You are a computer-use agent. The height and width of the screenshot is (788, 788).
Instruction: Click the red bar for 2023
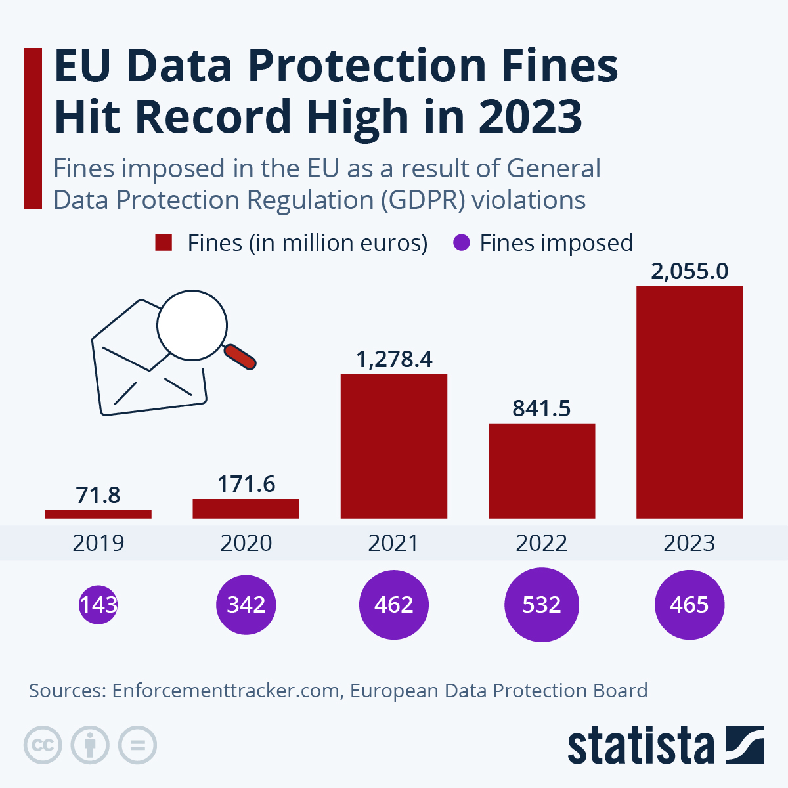(689, 402)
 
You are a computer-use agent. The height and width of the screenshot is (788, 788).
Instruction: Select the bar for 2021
(394, 446)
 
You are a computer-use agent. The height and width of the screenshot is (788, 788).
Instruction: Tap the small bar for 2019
(98, 514)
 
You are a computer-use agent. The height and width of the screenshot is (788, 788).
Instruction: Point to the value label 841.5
(542, 408)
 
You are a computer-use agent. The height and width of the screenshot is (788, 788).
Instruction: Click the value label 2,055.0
(689, 271)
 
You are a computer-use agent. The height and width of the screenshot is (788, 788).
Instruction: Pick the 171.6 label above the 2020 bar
(246, 484)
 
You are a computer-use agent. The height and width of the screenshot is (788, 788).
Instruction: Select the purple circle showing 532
(542, 604)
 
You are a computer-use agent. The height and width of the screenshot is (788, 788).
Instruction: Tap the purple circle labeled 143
(98, 604)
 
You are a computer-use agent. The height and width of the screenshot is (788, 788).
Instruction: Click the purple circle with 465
(689, 604)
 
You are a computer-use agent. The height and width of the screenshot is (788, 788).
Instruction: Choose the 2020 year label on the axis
(246, 543)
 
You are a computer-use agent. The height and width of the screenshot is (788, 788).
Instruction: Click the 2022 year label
(542, 543)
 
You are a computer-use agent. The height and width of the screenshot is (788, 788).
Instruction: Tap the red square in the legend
(164, 242)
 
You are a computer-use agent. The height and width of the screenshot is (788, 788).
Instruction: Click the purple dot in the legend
(462, 242)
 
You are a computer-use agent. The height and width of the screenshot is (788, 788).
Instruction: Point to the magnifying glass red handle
(240, 357)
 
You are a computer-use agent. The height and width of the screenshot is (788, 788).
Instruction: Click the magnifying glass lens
(192, 325)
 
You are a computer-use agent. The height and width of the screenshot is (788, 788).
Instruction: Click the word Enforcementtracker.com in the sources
(226, 691)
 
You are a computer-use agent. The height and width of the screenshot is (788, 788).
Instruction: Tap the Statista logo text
(640, 746)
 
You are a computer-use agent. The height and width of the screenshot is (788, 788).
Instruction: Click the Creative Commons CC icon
(43, 745)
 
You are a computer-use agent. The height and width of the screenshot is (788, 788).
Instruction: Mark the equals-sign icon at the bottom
(137, 745)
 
